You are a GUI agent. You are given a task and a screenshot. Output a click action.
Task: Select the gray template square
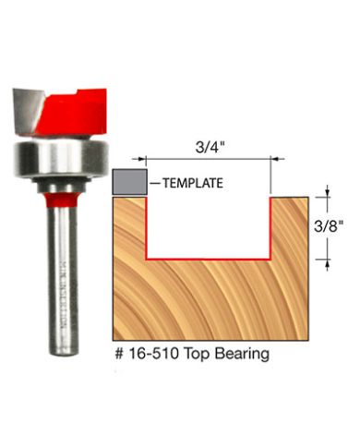(127, 181)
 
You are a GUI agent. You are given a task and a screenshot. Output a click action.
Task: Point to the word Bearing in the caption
(246, 353)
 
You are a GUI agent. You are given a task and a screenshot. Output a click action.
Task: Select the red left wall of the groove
(147, 226)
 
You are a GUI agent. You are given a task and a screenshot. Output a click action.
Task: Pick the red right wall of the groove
(269, 226)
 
